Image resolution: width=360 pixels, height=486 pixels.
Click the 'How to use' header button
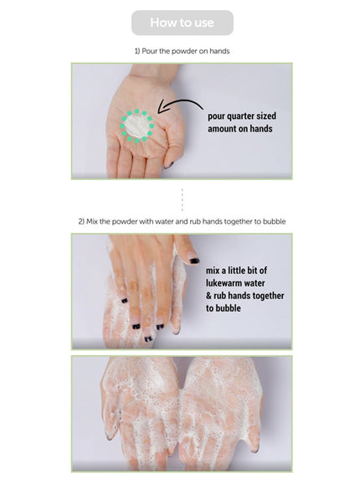(182, 23)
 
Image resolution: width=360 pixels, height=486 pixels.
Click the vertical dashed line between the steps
(182, 200)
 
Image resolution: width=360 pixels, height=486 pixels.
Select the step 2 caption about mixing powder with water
(182, 221)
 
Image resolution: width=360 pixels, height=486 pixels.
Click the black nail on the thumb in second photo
(194, 261)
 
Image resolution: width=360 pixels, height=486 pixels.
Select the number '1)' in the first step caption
(138, 51)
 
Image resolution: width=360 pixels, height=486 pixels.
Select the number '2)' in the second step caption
(82, 221)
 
